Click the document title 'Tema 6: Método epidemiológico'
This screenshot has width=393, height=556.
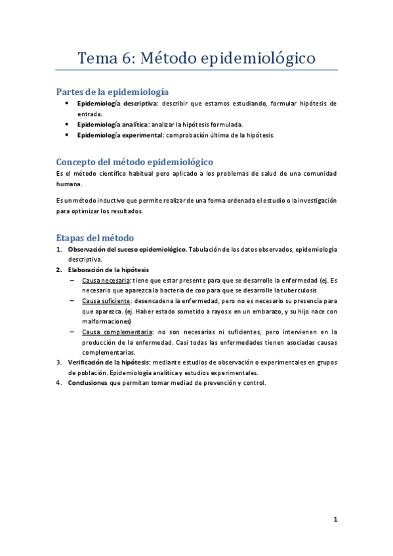pos(197,58)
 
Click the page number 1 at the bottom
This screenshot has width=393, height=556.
pos(335,520)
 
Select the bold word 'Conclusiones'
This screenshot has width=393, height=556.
pos(87,384)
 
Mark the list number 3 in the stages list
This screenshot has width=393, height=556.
pos(59,363)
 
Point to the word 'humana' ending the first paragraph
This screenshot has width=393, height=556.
pos(68,185)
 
